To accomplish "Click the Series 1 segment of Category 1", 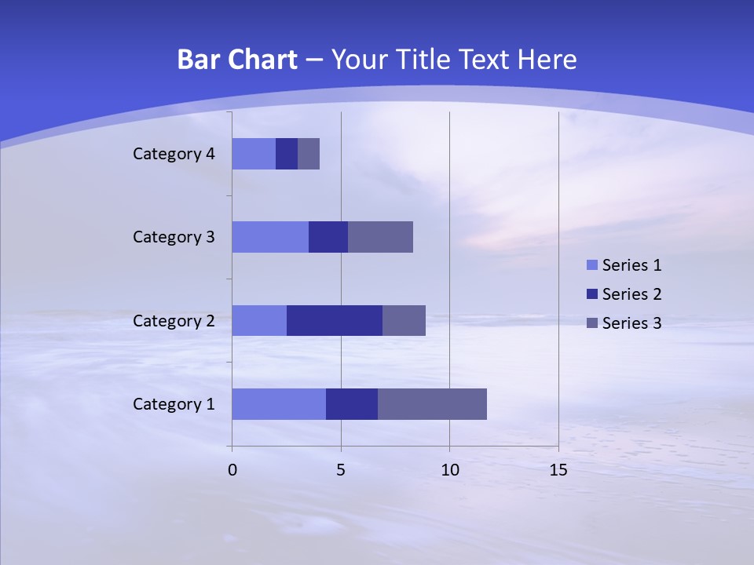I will pos(279,404).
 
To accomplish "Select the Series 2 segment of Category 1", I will pos(352,404).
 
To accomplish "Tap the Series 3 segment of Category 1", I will pos(432,404).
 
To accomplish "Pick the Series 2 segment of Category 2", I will pos(335,320).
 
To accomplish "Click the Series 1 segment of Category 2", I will pos(259,320).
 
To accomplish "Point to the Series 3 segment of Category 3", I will pos(380,237).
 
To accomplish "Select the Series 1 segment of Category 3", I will pos(270,237).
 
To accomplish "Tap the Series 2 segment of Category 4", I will pos(287,154).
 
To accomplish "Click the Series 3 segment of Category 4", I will pos(309,154).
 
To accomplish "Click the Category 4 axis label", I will pos(174,154).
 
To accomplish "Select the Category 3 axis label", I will pos(174,237).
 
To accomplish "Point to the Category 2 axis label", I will pos(174,321).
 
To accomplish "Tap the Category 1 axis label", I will pos(174,404).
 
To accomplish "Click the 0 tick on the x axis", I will pos(232,470).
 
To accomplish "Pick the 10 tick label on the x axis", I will pos(449,470).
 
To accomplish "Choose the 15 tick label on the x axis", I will pos(558,470).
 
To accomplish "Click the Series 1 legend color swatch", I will pos(591,265).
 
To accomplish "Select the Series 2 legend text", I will pos(631,294).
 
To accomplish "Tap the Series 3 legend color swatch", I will pos(591,323).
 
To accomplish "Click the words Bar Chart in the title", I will pos(237,60).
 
